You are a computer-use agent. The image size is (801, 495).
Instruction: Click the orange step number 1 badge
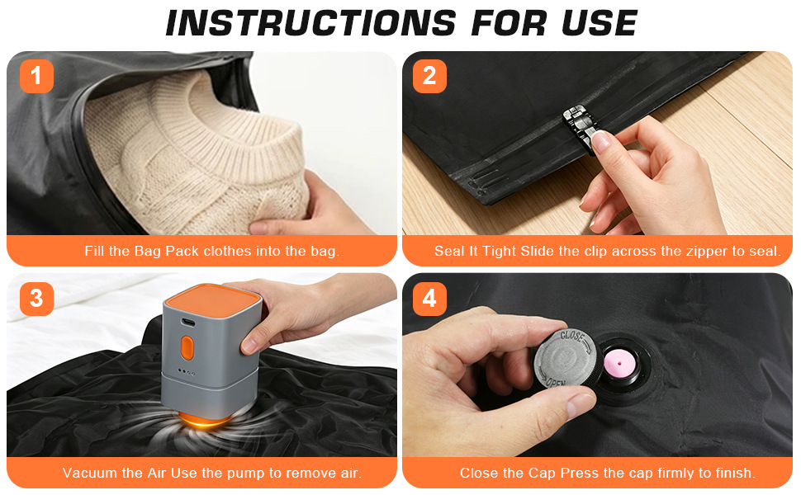36,76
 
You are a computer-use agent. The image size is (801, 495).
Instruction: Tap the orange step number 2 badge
429,76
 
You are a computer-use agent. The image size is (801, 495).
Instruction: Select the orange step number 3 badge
36,299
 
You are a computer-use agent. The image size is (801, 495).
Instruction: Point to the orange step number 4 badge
429,299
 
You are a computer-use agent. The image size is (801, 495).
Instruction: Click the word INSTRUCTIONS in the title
310,23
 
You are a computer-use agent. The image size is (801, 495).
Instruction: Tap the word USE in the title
600,23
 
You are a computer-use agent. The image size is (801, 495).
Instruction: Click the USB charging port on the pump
187,323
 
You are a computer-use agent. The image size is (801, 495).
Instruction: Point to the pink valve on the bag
619,364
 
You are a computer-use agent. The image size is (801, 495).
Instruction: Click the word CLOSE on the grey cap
572,337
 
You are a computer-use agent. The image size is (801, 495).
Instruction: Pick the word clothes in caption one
228,251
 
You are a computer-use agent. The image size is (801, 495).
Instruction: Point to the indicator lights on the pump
186,372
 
